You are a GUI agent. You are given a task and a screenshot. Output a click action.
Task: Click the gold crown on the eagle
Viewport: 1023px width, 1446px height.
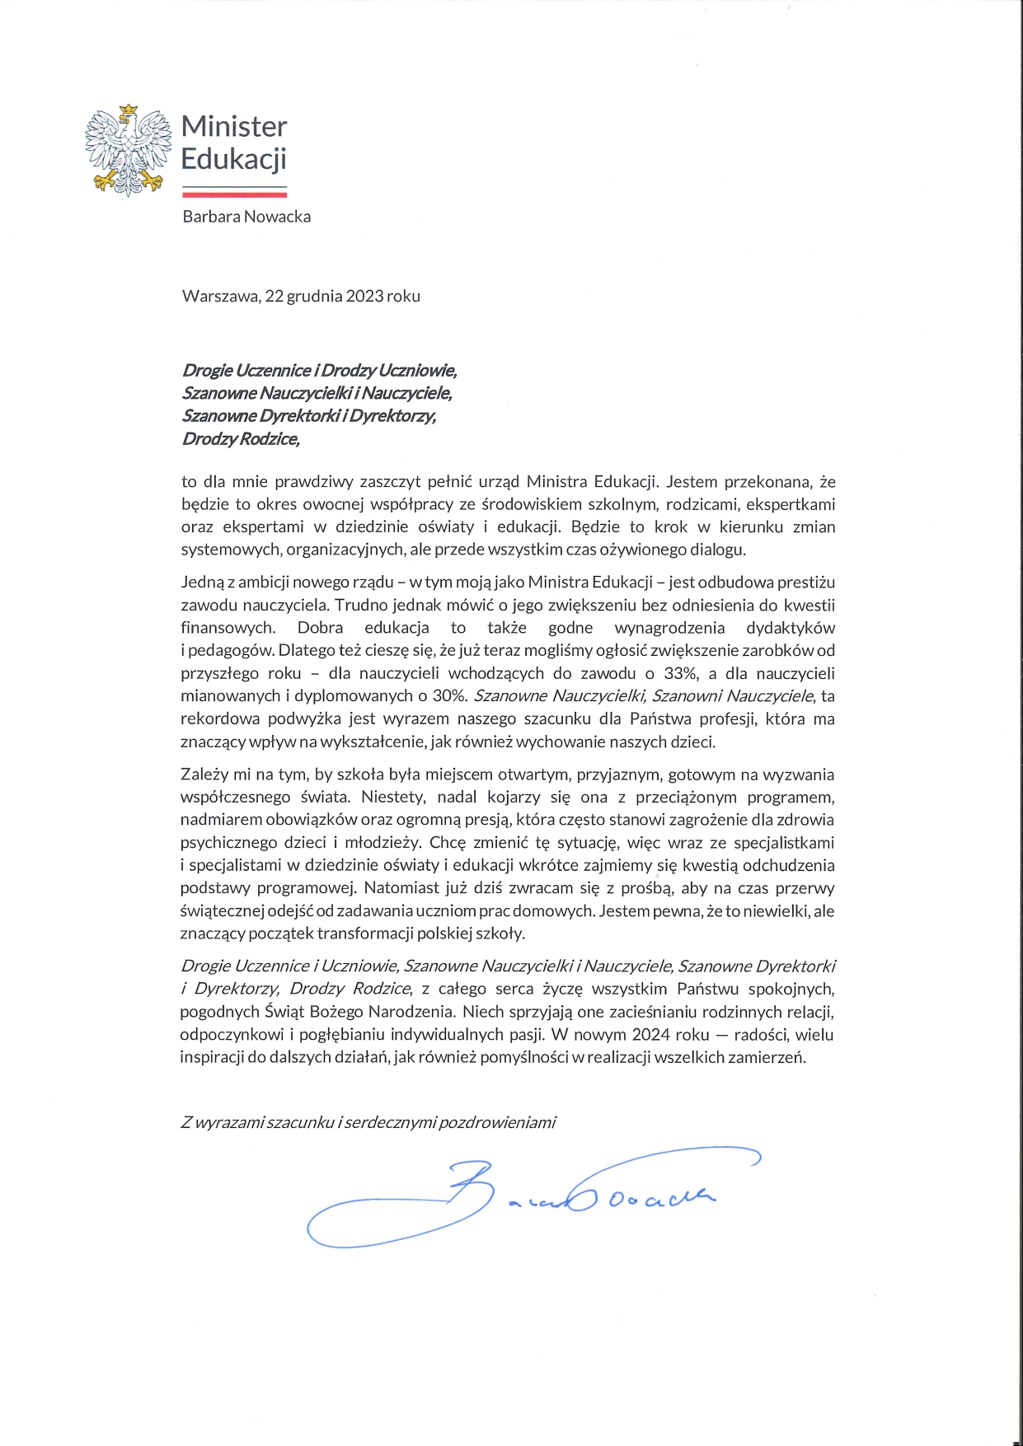pyautogui.click(x=128, y=110)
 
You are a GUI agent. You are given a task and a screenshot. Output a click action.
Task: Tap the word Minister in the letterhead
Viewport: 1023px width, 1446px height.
pyautogui.click(x=234, y=127)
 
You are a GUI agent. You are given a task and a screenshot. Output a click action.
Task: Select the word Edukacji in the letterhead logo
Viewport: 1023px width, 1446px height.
pyautogui.click(x=234, y=158)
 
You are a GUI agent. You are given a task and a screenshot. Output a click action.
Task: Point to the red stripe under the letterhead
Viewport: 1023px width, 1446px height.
pyautogui.click(x=234, y=194)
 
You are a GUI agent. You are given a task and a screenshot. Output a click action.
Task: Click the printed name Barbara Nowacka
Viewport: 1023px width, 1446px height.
pyautogui.click(x=246, y=217)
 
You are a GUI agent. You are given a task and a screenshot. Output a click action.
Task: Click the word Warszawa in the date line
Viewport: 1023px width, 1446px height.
pyautogui.click(x=220, y=296)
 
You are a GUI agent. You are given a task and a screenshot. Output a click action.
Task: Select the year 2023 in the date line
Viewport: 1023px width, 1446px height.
pyautogui.click(x=364, y=296)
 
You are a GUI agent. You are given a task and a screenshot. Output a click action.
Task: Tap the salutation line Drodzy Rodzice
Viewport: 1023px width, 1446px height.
pyautogui.click(x=241, y=439)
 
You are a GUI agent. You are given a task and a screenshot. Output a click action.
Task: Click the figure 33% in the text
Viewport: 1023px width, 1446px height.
pyautogui.click(x=680, y=673)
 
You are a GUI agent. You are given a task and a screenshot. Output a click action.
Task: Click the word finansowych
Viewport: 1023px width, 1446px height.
pyautogui.click(x=228, y=628)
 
